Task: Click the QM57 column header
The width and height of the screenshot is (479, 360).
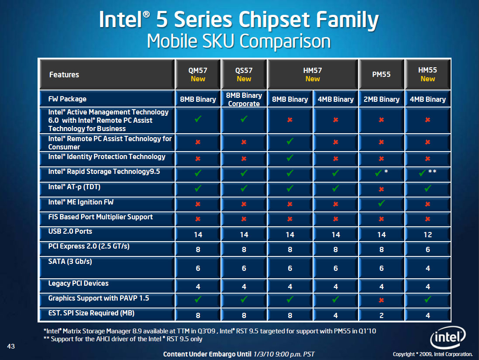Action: (x=198, y=74)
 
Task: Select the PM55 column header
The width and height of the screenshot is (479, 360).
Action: (x=381, y=74)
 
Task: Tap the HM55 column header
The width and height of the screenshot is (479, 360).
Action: (x=427, y=74)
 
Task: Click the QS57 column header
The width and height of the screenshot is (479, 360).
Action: (x=244, y=74)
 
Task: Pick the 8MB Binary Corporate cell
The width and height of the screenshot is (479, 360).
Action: (x=244, y=99)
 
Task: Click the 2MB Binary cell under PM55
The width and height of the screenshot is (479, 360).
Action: (x=381, y=99)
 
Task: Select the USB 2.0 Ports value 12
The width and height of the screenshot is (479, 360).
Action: (x=427, y=235)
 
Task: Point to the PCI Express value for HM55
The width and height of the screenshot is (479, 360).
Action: (x=427, y=249)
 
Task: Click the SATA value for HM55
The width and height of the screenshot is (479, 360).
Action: (x=427, y=268)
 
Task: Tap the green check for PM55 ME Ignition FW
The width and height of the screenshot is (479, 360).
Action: (x=381, y=203)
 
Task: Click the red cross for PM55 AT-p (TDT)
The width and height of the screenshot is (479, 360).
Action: (x=381, y=189)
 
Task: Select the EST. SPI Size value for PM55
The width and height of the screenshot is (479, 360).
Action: (x=381, y=315)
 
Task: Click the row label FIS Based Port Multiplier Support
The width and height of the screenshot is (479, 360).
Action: (x=100, y=217)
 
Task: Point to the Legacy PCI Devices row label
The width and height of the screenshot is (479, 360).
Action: (x=78, y=284)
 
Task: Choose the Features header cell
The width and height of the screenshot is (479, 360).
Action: (x=64, y=75)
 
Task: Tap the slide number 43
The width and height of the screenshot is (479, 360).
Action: (x=12, y=346)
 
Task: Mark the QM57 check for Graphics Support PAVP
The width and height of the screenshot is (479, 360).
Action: (x=198, y=299)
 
